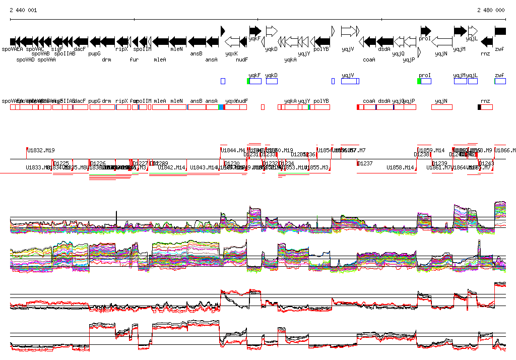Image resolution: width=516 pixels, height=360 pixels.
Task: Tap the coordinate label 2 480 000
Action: point(491,10)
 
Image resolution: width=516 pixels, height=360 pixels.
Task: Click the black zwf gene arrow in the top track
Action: point(500,31)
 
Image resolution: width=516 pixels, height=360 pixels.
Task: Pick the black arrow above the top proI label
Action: point(426,31)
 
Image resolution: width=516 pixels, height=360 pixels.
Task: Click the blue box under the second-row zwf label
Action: point(500,81)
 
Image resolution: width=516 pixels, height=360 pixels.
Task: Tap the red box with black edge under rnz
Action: point(485,107)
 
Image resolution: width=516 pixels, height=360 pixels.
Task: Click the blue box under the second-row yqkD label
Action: point(272,81)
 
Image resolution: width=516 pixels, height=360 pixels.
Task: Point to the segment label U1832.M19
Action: point(41,150)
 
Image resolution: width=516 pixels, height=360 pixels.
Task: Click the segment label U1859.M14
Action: point(432,150)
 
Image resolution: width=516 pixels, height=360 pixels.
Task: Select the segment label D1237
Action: point(365,163)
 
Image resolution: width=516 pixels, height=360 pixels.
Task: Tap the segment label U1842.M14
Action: point(172,167)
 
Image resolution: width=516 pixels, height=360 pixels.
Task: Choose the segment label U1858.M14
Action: point(400,167)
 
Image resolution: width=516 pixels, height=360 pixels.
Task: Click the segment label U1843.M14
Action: point(205,167)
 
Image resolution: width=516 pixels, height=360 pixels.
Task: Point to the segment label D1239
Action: point(439,163)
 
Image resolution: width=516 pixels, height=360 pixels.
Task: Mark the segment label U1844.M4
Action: point(233,150)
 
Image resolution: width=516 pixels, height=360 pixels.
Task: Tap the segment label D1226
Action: point(98,163)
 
